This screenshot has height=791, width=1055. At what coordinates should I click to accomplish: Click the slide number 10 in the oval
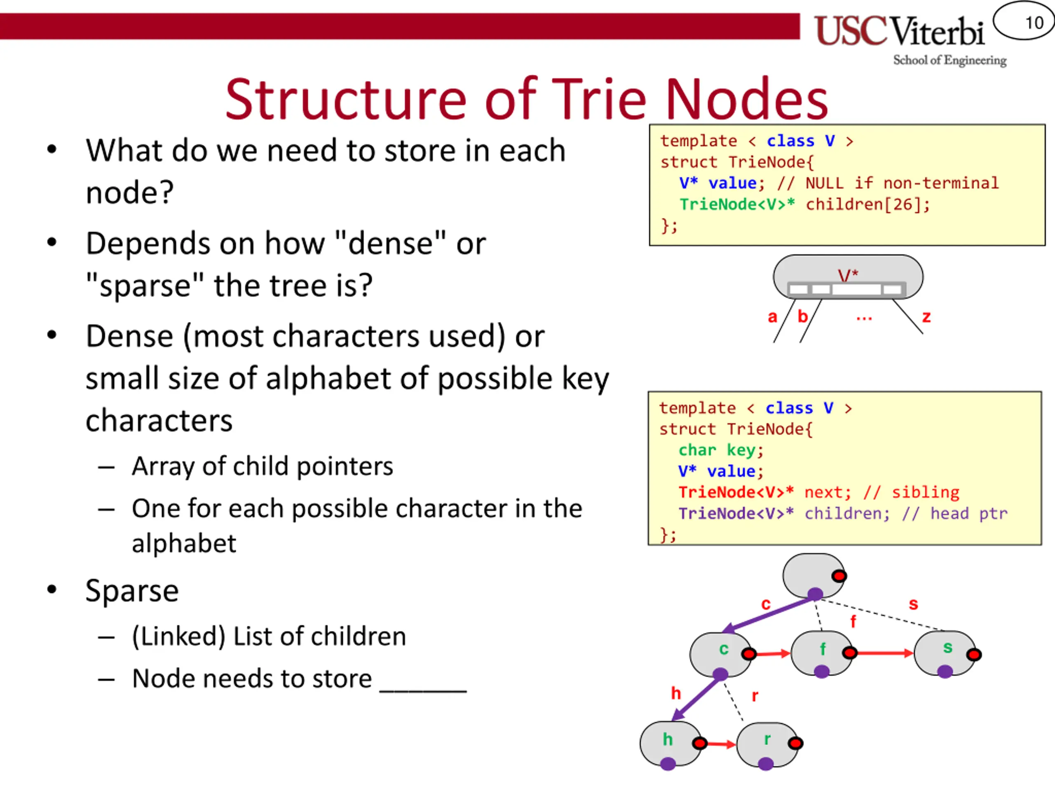(1034, 22)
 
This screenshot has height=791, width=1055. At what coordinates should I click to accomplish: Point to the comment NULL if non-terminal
(902, 183)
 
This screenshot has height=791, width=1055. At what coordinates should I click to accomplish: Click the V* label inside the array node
(848, 275)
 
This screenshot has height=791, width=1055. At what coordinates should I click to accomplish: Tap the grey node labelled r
(767, 743)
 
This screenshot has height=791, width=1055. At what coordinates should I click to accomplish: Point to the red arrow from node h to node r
(721, 744)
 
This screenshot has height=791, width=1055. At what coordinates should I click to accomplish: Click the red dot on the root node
(839, 576)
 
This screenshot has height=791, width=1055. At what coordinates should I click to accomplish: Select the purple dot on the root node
(815, 594)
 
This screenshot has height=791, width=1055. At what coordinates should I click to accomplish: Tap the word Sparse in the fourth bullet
(132, 591)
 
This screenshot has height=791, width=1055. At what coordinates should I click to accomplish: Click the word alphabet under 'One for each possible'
(184, 543)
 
